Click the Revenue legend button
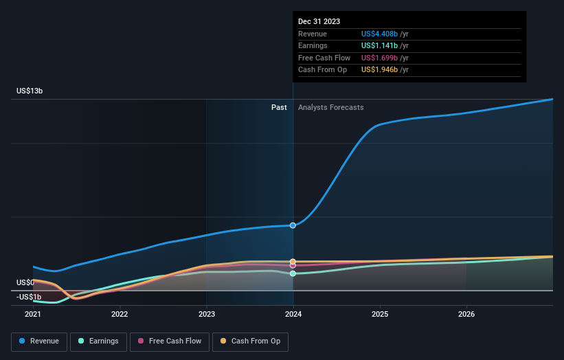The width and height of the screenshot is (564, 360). coord(40,341)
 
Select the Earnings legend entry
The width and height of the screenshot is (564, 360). coord(98,341)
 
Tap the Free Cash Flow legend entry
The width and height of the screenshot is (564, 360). coord(170,341)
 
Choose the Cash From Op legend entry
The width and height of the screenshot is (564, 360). coord(251,341)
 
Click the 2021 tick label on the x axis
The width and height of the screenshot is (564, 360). coord(33,315)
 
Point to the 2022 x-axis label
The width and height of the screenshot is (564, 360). coord(120,315)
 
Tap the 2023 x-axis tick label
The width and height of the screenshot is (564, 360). coord(206,315)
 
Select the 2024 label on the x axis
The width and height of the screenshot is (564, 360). coord(293,315)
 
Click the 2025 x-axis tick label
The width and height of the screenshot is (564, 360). coord(380,315)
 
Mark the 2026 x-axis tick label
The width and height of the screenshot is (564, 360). coord(466,315)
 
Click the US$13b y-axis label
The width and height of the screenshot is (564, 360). coord(30,91)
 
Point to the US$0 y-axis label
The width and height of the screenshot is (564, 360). coord(25,282)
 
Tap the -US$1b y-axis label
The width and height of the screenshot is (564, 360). coord(28,297)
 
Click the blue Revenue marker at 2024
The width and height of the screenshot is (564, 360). coord(293,225)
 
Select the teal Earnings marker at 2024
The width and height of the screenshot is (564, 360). coord(293,273)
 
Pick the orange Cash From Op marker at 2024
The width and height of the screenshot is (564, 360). coord(293,262)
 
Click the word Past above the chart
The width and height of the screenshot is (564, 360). coord(279,107)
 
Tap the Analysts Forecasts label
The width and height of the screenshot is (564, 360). coord(330,107)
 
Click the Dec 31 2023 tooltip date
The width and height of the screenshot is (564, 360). coord(319,22)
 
